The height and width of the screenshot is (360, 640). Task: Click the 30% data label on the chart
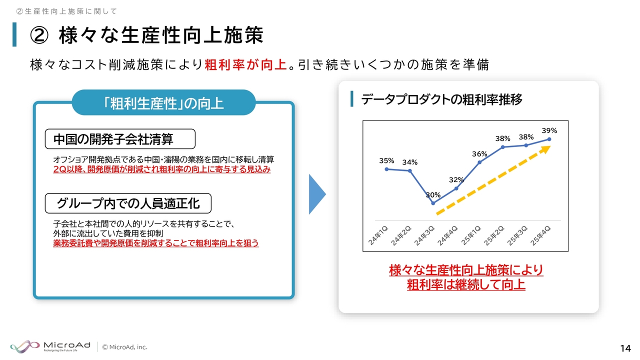pyautogui.click(x=433, y=195)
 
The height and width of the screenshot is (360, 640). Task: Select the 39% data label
pyautogui.click(x=549, y=131)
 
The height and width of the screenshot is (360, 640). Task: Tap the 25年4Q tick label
pyautogui.click(x=540, y=235)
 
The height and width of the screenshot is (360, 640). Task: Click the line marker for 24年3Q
pyautogui.click(x=433, y=203)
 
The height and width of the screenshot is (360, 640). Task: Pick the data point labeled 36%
pyautogui.click(x=479, y=162)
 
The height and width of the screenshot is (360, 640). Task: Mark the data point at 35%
pyautogui.click(x=386, y=169)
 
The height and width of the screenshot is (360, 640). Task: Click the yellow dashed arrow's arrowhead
pyautogui.click(x=545, y=149)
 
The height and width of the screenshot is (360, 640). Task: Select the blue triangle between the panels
pyautogui.click(x=317, y=194)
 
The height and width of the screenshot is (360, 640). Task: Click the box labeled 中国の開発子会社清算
pyautogui.click(x=120, y=139)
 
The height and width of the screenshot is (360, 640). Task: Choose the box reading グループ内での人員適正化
pyautogui.click(x=128, y=203)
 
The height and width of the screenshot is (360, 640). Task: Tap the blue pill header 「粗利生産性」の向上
pyautogui.click(x=163, y=103)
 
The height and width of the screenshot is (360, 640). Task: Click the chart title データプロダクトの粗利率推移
pyautogui.click(x=441, y=99)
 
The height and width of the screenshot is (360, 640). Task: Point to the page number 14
pyautogui.click(x=625, y=348)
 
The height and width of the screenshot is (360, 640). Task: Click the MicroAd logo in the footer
pyautogui.click(x=50, y=346)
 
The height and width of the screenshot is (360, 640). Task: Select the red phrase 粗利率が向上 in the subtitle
pyautogui.click(x=246, y=64)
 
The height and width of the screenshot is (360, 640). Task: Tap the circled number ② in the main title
pyautogui.click(x=39, y=35)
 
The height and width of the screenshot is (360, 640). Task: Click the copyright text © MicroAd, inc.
pyautogui.click(x=125, y=347)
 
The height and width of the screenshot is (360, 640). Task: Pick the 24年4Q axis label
pyautogui.click(x=447, y=235)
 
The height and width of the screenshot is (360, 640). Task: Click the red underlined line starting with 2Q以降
pyautogui.click(x=161, y=169)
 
